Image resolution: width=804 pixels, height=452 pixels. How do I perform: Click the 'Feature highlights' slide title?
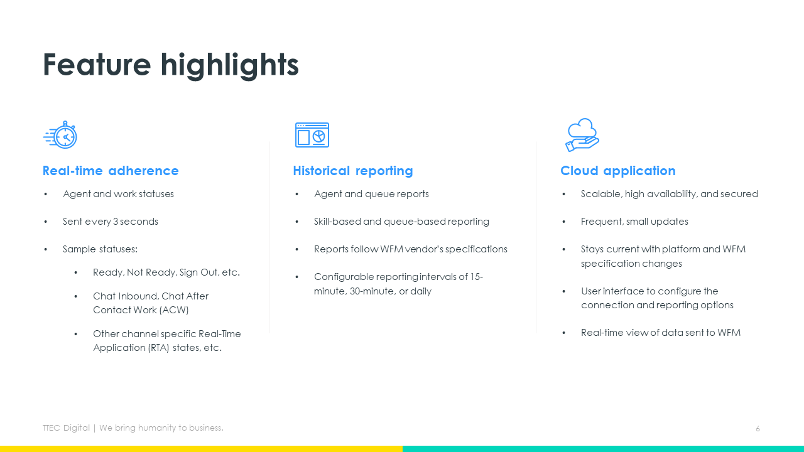[170, 65]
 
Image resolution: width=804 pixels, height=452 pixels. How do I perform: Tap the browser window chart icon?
[312, 135]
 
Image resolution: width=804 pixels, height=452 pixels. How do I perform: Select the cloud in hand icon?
[582, 135]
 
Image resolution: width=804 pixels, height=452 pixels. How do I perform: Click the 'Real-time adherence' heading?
[111, 171]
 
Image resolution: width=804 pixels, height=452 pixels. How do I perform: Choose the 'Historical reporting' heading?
[353, 171]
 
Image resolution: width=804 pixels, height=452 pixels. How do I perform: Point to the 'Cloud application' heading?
[617, 171]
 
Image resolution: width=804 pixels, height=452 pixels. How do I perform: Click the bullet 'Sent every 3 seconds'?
[110, 222]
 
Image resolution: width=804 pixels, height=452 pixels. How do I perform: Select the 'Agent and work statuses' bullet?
[118, 194]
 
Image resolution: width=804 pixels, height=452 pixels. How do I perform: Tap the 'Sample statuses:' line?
[100, 249]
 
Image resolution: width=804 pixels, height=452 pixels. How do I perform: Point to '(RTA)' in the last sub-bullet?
[158, 348]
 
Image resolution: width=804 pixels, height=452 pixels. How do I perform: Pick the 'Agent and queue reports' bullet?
[371, 194]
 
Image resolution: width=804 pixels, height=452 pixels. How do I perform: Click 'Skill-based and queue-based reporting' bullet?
[401, 222]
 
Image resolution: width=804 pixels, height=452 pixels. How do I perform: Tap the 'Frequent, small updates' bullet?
[634, 222]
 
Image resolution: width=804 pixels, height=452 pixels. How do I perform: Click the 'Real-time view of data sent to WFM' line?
[660, 333]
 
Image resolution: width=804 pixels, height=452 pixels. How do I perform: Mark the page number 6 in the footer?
[758, 429]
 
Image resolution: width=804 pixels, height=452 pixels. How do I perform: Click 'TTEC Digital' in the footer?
[66, 428]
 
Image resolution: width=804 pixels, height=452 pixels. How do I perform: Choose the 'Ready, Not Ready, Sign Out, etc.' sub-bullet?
[166, 272]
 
